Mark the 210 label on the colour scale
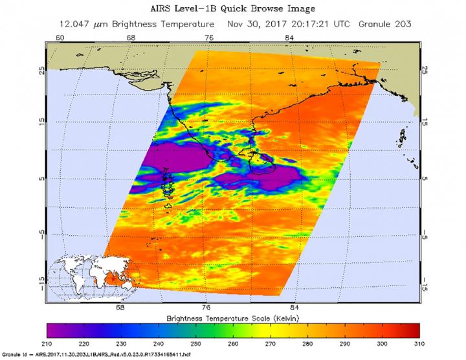click(x=47, y=342)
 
